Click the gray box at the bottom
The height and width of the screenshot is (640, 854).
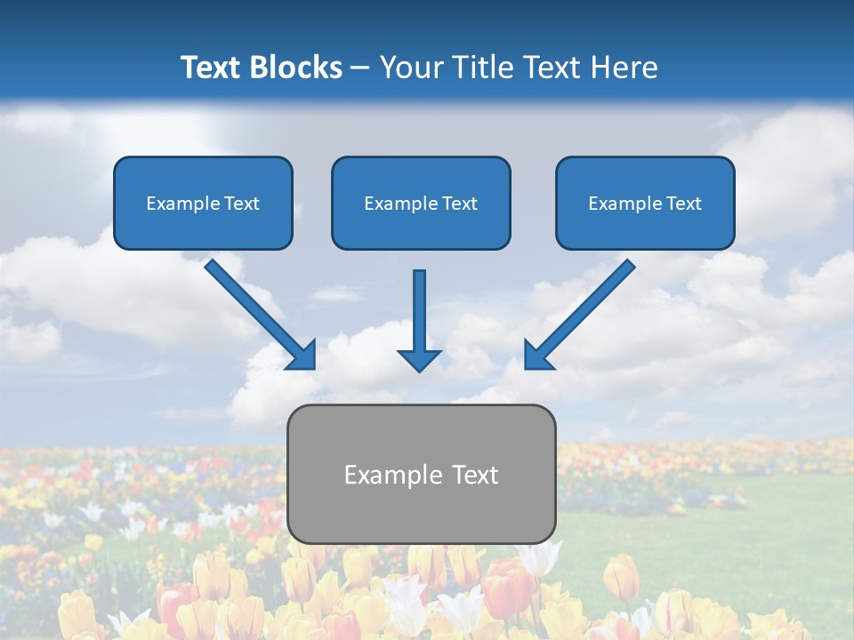[421, 516]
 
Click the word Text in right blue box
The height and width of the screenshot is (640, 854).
[684, 204]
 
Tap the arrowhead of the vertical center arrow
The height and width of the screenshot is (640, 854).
[419, 359]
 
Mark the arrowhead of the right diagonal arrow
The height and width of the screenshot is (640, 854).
[537, 356]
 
